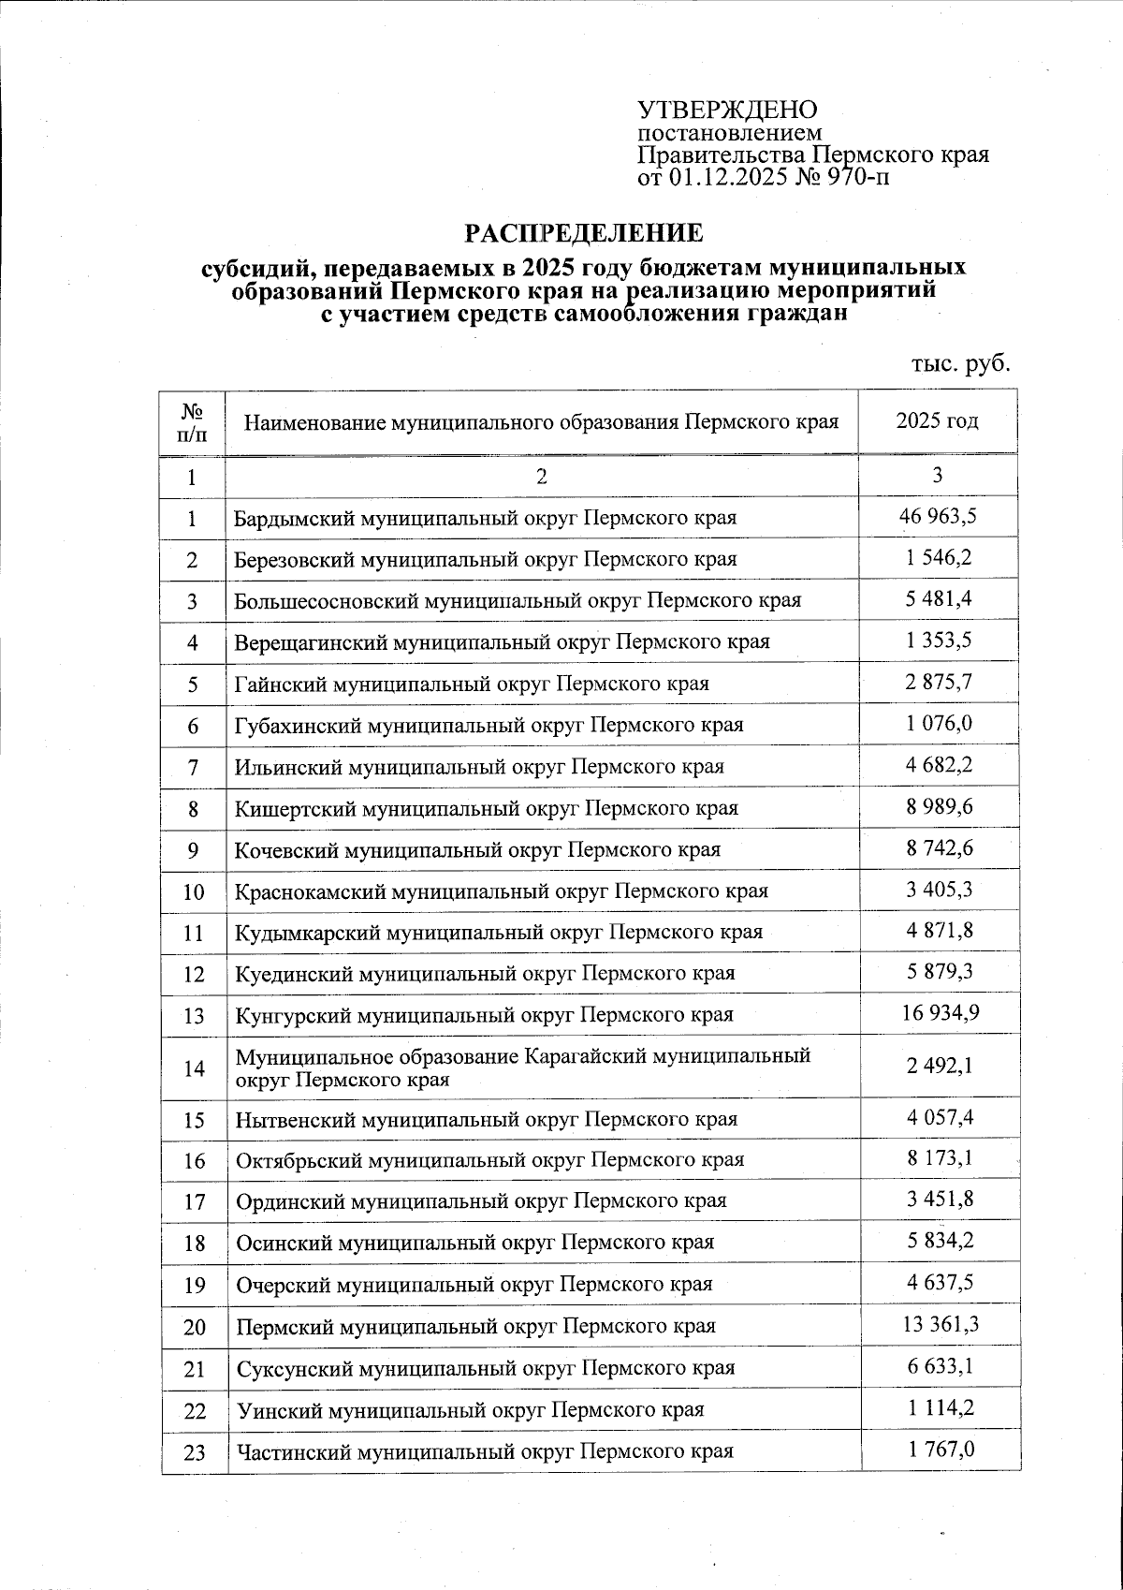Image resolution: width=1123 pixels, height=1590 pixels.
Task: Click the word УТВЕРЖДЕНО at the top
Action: click(x=727, y=110)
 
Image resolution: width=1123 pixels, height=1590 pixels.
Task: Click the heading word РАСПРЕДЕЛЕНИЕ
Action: click(x=585, y=232)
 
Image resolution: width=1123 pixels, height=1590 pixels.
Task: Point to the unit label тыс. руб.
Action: click(x=961, y=363)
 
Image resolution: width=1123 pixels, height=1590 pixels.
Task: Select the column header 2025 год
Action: click(x=938, y=420)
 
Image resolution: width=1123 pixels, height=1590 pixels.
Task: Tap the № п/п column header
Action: click(x=192, y=421)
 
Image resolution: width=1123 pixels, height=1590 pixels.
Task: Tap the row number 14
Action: click(x=194, y=1067)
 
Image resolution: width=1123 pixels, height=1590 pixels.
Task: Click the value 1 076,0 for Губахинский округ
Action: click(x=939, y=723)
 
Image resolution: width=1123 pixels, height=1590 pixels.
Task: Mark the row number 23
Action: click(x=194, y=1452)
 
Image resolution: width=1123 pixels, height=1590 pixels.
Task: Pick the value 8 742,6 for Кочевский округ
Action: click(x=939, y=847)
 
